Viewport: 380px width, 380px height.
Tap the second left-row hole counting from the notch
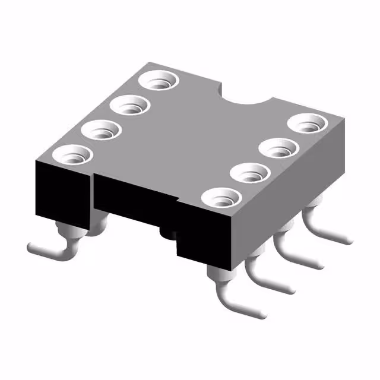click(x=129, y=105)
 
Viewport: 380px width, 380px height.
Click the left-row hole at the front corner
click(x=72, y=155)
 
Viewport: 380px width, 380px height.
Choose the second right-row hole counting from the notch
click(x=278, y=146)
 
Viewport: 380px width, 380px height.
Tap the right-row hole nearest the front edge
click(x=220, y=197)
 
